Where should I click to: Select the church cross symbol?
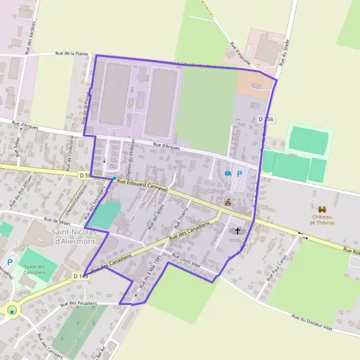coord(237,230)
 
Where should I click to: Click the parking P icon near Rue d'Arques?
coord(240,174)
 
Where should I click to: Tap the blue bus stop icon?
coord(227,174)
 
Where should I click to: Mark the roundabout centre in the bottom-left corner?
coord(11,310)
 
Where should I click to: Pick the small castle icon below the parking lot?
coord(228,203)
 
